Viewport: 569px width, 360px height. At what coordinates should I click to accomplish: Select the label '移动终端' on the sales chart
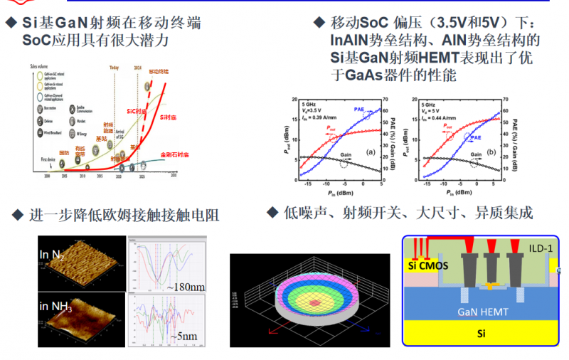pyautogui.click(x=159, y=72)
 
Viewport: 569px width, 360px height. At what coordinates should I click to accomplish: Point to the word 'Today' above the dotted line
pyautogui.click(x=114, y=68)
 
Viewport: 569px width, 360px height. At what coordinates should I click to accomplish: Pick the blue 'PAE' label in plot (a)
pyautogui.click(x=359, y=108)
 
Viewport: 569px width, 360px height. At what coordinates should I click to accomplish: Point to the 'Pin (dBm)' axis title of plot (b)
pyautogui.click(x=459, y=192)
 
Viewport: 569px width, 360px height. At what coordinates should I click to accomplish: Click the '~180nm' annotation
pyautogui.click(x=187, y=286)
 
